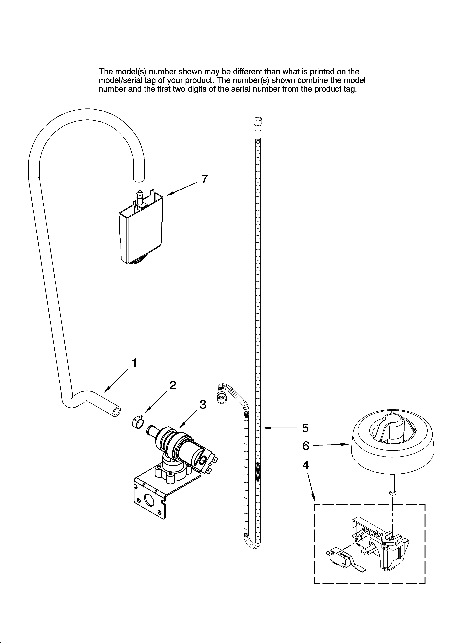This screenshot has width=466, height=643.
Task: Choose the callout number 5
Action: coord(305,428)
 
